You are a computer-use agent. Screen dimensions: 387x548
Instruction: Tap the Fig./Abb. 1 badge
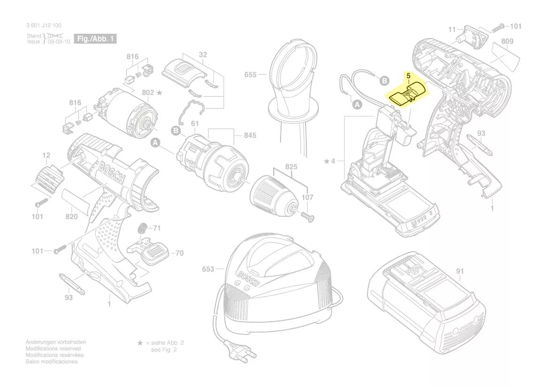95,39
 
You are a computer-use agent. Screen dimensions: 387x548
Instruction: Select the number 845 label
250,136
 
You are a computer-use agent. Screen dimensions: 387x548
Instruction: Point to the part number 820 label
71,216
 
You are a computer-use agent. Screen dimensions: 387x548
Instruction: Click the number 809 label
507,41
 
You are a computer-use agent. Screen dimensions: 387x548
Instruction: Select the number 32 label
203,55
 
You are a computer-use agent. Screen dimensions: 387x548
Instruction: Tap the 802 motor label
148,93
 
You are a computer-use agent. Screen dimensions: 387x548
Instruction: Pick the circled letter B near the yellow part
384,81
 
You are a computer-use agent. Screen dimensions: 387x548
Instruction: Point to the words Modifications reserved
53,349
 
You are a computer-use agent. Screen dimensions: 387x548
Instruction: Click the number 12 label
46,155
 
